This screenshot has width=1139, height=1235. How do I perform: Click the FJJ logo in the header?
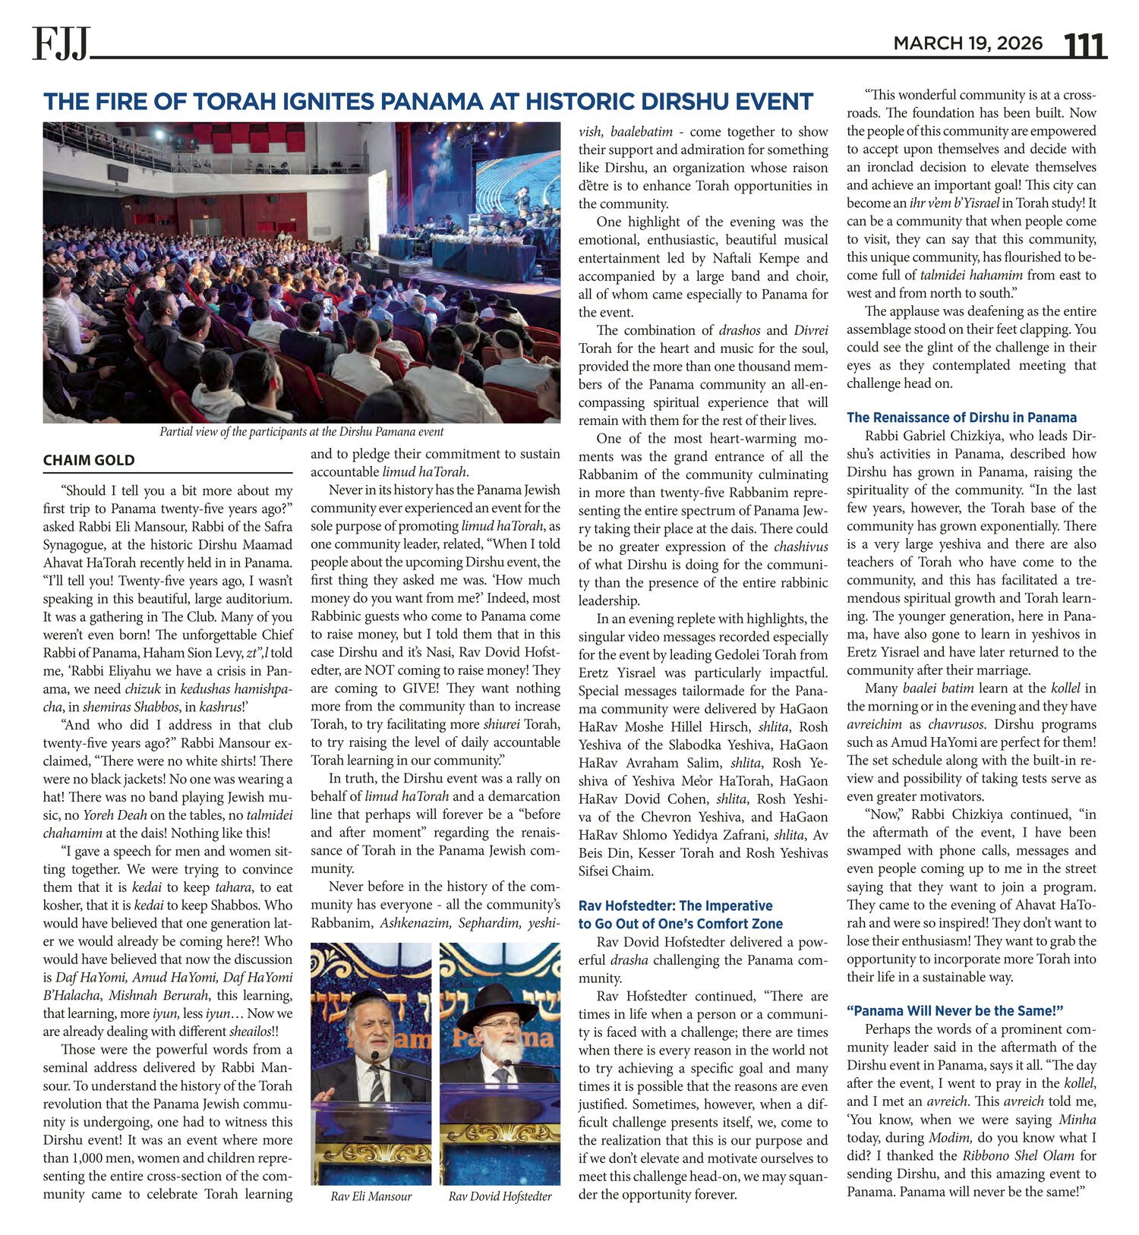click(x=61, y=43)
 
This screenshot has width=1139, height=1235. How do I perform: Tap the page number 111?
click(x=1084, y=45)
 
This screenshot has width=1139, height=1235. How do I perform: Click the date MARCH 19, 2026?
click(x=967, y=43)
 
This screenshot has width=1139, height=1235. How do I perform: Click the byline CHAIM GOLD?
click(x=89, y=460)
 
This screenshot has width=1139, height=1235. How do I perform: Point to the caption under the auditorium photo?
click(x=301, y=432)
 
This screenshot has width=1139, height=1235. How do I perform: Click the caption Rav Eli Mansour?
click(x=371, y=1197)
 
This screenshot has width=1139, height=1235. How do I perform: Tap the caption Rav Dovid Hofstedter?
click(x=500, y=1197)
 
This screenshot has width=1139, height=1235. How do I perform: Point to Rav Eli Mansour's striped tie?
click(x=377, y=1082)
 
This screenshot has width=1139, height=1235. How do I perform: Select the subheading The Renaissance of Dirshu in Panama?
click(x=961, y=417)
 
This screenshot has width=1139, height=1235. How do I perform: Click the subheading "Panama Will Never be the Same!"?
click(x=954, y=1011)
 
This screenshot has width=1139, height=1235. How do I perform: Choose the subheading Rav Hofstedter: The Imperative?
click(x=675, y=906)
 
